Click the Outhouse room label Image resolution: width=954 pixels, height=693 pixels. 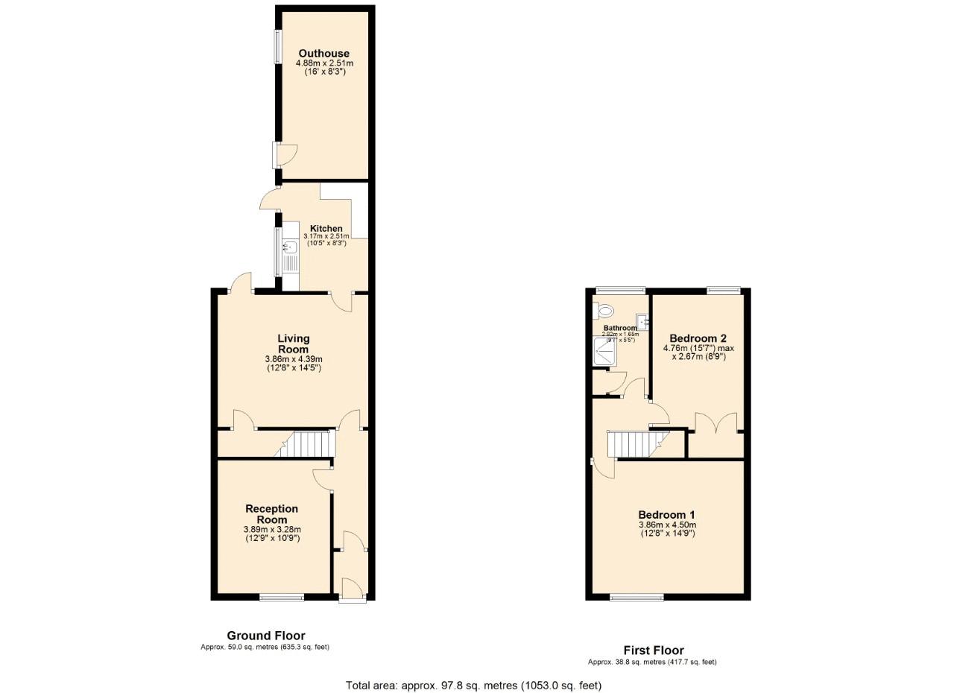pyautogui.click(x=323, y=54)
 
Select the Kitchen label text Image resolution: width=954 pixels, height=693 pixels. pyautogui.click(x=326, y=229)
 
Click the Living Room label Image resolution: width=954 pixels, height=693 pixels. pyautogui.click(x=294, y=344)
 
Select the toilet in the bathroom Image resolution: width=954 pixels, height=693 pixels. pyautogui.click(x=604, y=310)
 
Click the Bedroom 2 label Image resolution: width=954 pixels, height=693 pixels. pyautogui.click(x=698, y=338)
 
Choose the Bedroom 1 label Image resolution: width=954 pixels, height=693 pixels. pyautogui.click(x=666, y=515)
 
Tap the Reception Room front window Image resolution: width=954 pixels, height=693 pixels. pyautogui.click(x=282, y=597)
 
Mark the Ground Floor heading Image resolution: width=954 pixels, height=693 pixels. pyautogui.click(x=266, y=636)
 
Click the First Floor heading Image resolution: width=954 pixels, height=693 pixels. pyautogui.click(x=653, y=650)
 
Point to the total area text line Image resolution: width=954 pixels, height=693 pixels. pyautogui.click(x=473, y=685)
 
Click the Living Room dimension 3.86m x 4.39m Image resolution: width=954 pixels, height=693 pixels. pyautogui.click(x=294, y=359)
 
